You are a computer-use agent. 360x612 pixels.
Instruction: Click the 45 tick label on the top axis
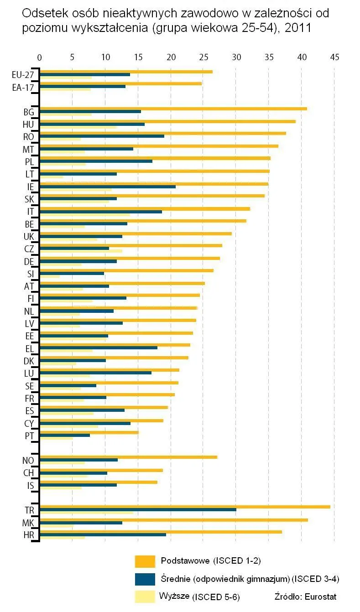tap(334, 57)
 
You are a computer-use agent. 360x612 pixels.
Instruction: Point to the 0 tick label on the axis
tap(40, 57)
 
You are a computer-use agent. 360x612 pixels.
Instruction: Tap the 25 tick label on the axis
tap(203, 57)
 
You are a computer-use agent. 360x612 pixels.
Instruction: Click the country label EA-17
tap(23, 87)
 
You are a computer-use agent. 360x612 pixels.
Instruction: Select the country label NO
tap(28, 460)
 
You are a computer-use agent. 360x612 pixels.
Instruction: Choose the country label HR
tap(29, 535)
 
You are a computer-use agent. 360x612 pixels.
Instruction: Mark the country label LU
tap(29, 373)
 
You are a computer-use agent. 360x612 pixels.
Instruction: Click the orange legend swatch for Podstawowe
tap(145, 561)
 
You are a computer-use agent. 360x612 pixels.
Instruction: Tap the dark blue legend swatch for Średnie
tap(145, 579)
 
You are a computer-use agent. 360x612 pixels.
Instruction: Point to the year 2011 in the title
tap(298, 28)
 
